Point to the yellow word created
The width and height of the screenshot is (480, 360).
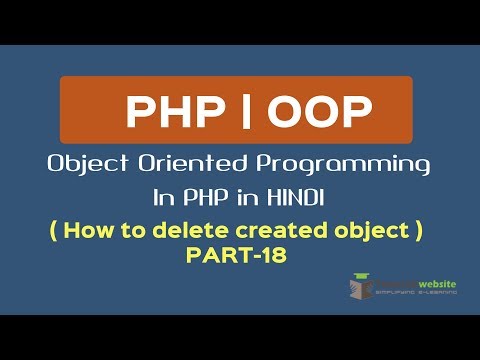tap(270, 232)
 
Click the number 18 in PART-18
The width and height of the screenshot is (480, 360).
tap(275, 256)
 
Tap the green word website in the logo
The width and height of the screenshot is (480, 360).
tap(437, 285)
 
